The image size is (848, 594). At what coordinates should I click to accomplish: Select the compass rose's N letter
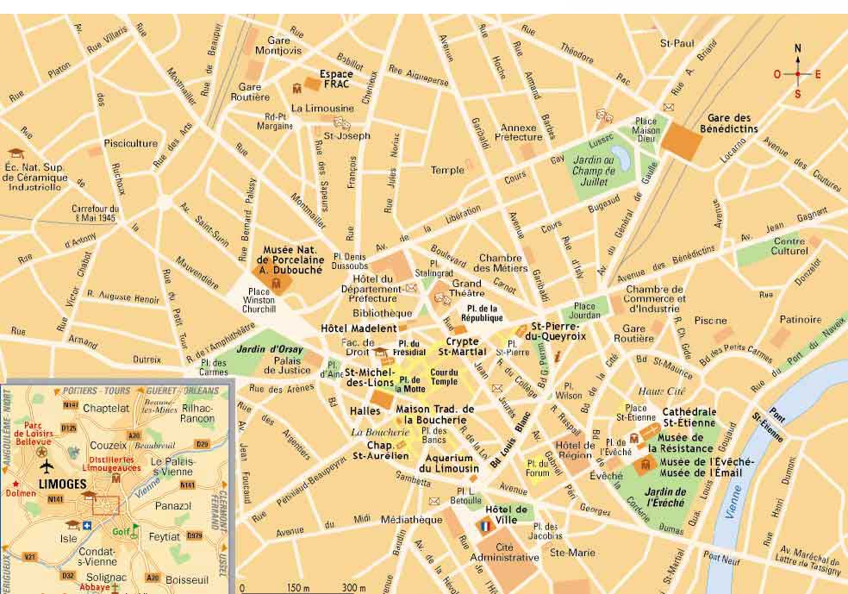797,48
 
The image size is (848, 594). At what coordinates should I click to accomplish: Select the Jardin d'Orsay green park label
264,349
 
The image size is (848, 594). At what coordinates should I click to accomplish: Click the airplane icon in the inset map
46,466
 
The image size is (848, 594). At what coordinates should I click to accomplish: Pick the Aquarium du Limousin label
448,462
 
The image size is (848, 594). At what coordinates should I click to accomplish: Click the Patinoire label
801,320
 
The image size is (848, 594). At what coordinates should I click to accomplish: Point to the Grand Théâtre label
467,289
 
